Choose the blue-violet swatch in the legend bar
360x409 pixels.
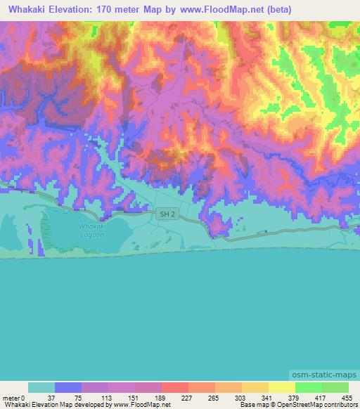pos(68,387)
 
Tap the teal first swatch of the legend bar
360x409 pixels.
pos(41,387)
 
